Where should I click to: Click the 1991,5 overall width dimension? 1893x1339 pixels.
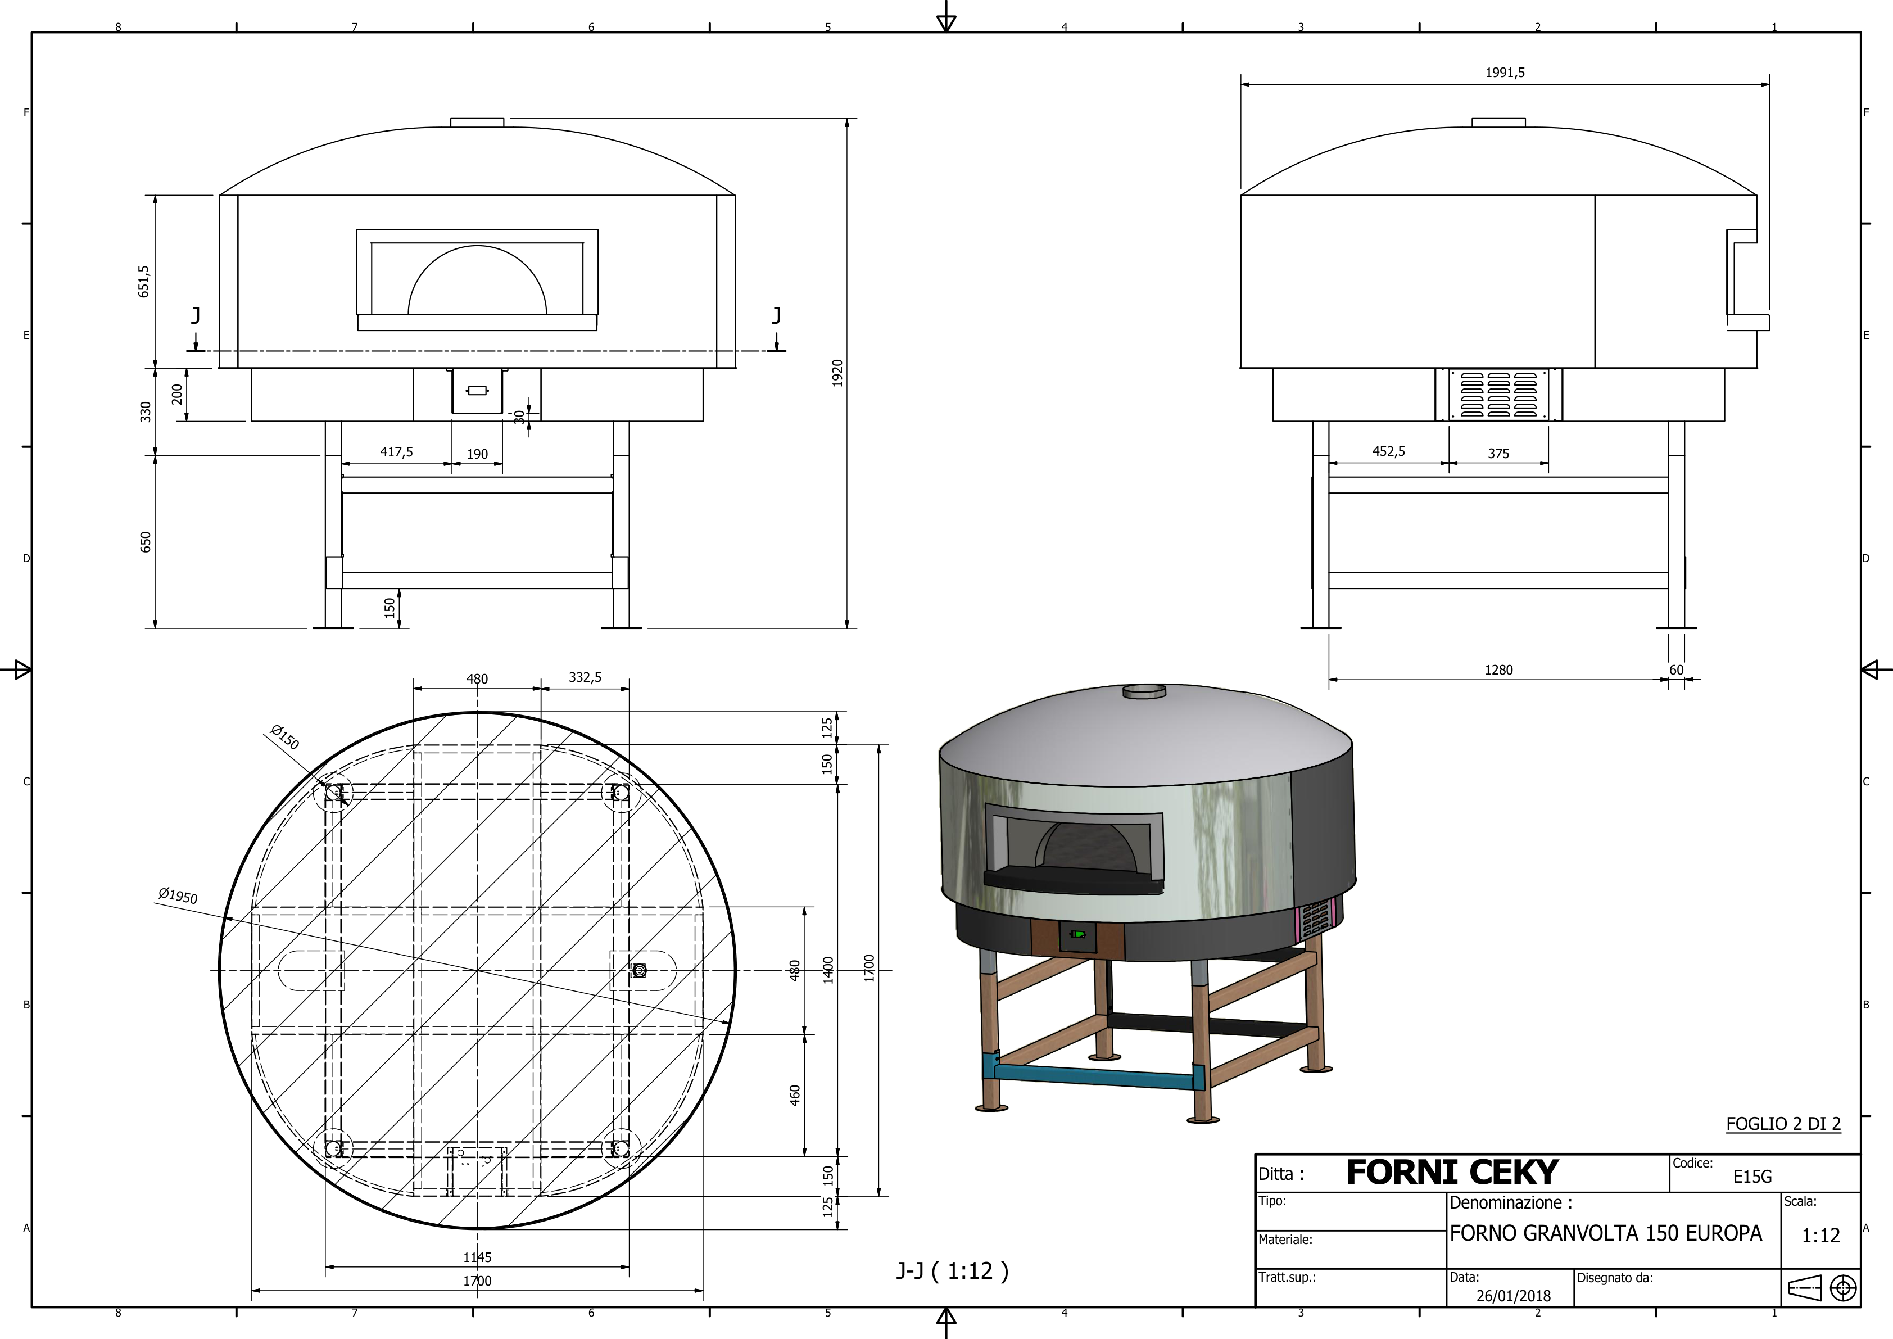click(x=1505, y=73)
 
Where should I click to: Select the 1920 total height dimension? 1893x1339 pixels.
click(x=837, y=373)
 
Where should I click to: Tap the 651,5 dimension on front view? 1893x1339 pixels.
click(x=144, y=281)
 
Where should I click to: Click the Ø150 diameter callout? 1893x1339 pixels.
click(x=284, y=736)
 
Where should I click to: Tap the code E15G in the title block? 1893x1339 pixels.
click(x=1751, y=1177)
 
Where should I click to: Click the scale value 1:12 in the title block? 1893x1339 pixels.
click(x=1820, y=1235)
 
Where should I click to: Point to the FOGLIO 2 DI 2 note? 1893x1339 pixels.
click(x=1782, y=1123)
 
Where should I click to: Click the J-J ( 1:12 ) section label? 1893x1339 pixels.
click(x=952, y=1270)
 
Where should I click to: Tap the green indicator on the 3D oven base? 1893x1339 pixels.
click(x=1077, y=934)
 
